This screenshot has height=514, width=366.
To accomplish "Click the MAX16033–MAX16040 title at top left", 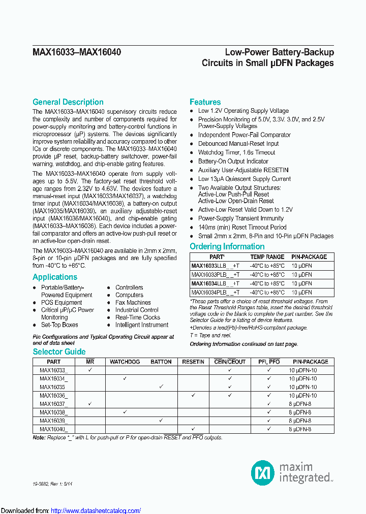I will point(76,52).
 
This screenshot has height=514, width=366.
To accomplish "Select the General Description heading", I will point(68,102).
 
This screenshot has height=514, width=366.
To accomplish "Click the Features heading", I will point(205,102).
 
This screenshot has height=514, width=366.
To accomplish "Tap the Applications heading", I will point(55,277).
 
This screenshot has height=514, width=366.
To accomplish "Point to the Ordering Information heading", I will point(227,247).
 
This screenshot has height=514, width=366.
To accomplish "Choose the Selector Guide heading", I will point(59,352).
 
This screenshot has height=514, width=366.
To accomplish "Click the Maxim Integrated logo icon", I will point(263,472).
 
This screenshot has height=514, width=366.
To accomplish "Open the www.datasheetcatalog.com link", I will point(96,510).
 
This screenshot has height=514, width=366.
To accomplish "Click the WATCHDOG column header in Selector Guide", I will point(125,362).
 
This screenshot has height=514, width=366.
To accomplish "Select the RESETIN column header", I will point(193,362).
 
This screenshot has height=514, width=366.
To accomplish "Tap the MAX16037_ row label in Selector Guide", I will point(53,404).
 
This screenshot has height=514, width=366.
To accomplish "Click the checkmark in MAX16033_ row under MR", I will point(90,370).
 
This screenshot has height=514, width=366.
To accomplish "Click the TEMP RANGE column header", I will point(267,257).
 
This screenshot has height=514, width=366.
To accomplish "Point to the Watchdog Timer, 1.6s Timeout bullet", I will point(236,152).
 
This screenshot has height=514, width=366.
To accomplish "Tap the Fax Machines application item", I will point(133,302).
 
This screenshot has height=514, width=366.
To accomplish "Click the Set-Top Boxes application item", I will point(59,325).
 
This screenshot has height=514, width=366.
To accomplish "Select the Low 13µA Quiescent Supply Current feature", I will point(244,179).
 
